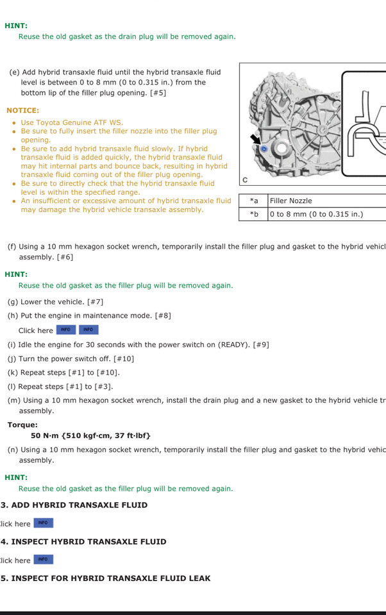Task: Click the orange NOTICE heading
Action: coord(22,110)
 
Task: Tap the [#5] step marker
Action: coord(158,93)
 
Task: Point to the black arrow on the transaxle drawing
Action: coord(255,138)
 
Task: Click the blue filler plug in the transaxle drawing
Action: coord(263,148)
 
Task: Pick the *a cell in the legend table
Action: coord(254,201)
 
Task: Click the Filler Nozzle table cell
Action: coord(290,201)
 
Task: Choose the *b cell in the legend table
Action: coord(254,214)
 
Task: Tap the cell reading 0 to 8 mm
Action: coord(316,214)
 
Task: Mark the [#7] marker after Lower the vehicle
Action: coord(95,302)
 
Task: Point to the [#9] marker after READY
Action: coord(261,345)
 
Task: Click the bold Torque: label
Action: coord(22,425)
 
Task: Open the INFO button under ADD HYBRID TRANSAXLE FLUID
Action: coord(43,523)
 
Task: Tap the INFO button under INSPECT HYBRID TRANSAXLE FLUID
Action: coord(43,559)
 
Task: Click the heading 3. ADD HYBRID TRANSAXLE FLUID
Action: coord(74,505)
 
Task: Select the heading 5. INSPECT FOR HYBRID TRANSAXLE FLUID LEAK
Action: coord(106,578)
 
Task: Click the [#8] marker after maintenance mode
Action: coord(163,316)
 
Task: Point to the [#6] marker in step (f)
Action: coord(65,257)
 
